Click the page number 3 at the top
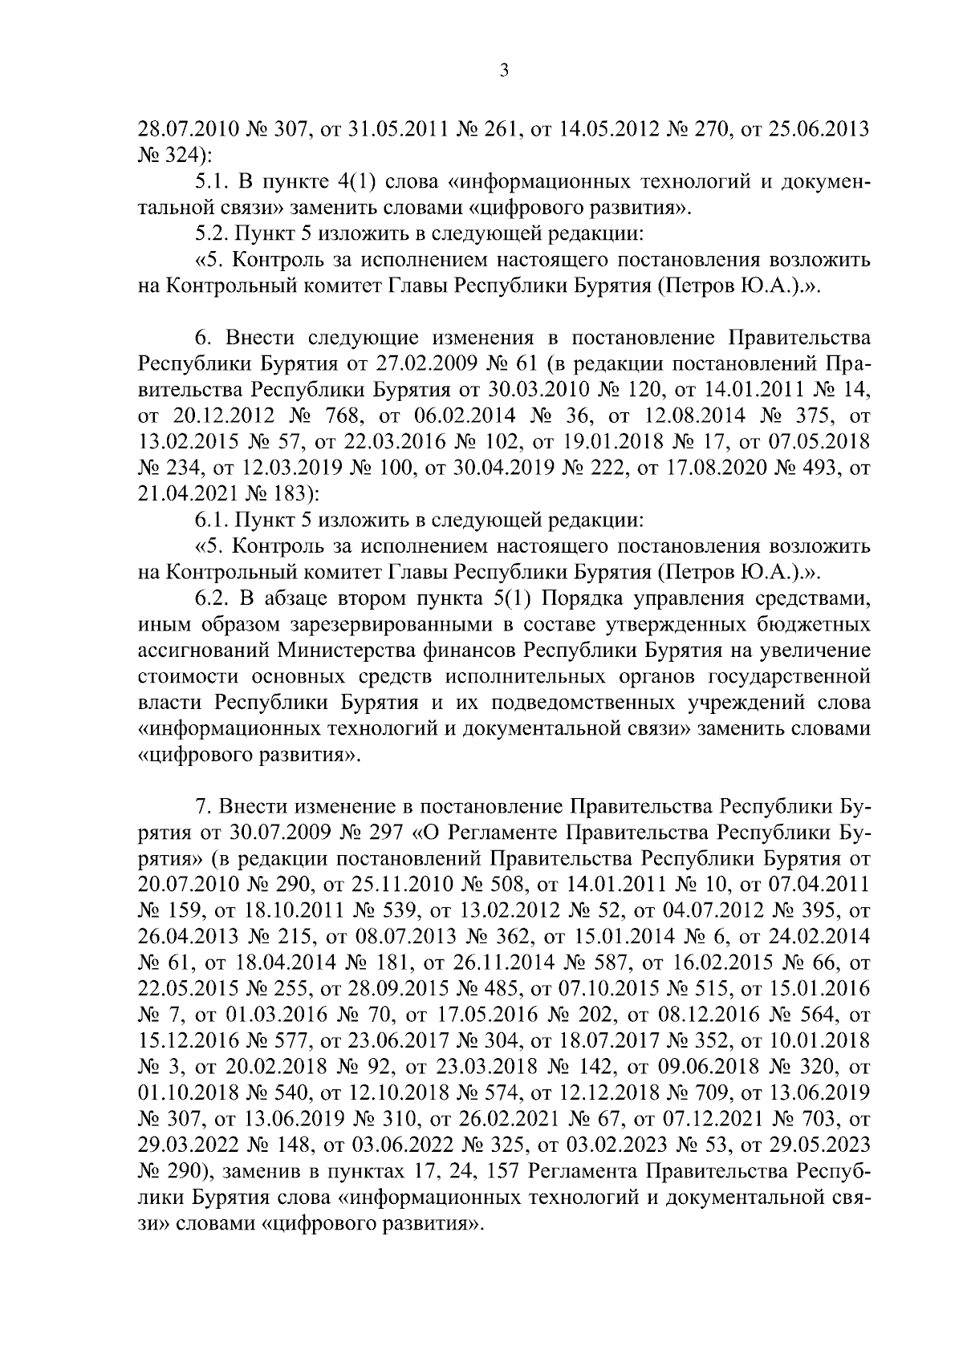tap(504, 71)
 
